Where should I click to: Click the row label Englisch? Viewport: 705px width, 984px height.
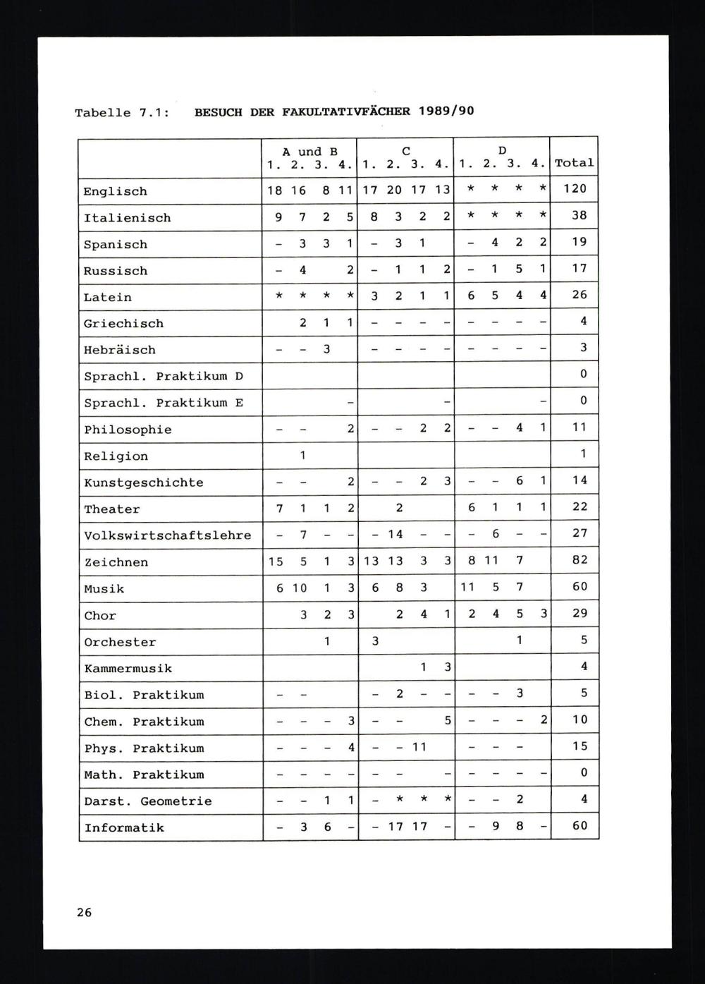115,191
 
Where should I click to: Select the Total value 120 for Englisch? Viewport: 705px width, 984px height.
579,188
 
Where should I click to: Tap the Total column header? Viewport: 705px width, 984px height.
574,163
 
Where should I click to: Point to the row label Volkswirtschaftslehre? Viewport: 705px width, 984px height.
167,535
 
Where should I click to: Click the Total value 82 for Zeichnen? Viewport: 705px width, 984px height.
580,560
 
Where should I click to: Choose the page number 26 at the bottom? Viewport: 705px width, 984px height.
84,912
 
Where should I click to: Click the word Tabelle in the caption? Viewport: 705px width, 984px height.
103,113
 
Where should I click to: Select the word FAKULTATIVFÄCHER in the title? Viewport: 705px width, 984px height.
345,111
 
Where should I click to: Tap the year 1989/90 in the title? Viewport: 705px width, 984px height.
446,111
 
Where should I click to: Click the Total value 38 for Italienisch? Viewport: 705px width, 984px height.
580,215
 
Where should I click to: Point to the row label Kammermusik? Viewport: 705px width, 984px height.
128,668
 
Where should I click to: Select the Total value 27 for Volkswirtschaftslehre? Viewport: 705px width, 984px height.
580,533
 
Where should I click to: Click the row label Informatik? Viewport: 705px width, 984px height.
123,827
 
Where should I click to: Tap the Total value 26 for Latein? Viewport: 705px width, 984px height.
580,295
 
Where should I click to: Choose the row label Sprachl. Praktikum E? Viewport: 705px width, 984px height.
163,403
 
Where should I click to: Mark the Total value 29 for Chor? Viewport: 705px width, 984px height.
580,613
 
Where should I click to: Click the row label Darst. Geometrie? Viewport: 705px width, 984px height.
147,801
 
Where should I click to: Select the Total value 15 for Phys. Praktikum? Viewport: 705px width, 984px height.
580,746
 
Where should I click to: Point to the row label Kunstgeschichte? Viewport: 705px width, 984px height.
143,482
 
